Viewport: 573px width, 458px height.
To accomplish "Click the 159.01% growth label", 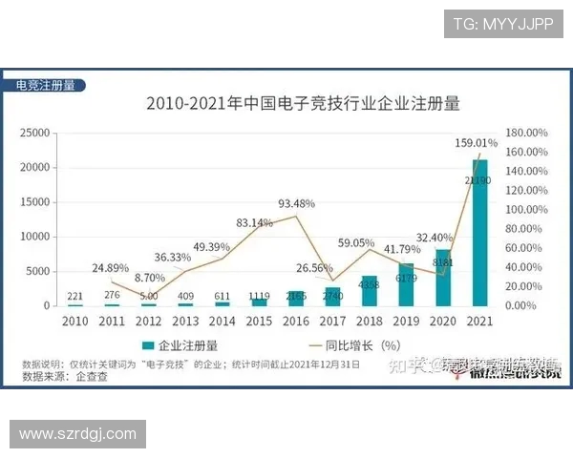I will (476, 143).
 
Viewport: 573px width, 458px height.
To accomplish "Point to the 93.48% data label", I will (297, 203).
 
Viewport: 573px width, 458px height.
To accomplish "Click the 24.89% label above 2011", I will (111, 267).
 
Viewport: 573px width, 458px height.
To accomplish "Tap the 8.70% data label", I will (150, 278).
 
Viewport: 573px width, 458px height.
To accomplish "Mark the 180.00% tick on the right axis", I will (526, 133).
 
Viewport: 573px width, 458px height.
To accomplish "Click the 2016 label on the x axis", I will (295, 321).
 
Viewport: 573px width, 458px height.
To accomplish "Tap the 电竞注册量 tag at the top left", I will (45, 85).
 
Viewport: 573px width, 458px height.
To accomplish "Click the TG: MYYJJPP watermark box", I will (502, 24).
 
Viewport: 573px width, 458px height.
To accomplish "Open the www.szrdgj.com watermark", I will (77, 434).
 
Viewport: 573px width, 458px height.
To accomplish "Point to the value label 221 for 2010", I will (74, 296).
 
